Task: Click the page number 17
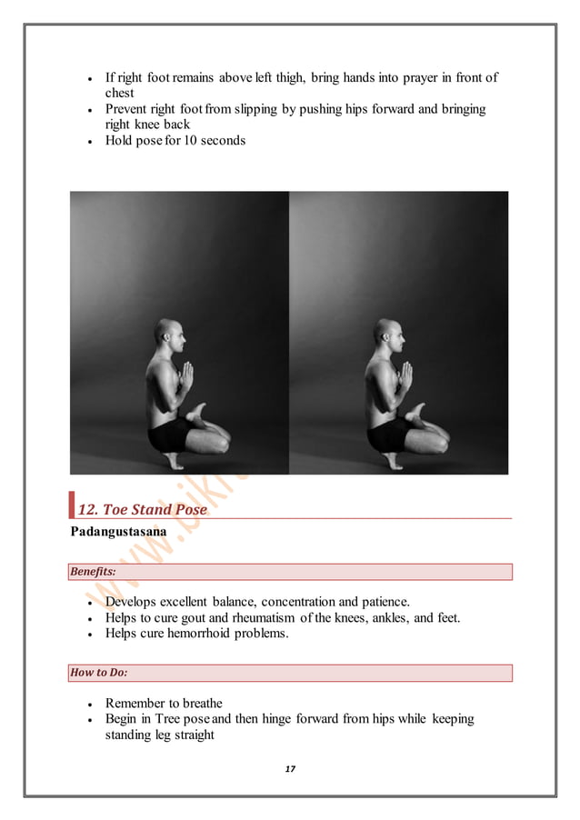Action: [x=290, y=769]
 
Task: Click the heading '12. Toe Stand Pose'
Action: [x=142, y=509]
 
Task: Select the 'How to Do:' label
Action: [x=97, y=673]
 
